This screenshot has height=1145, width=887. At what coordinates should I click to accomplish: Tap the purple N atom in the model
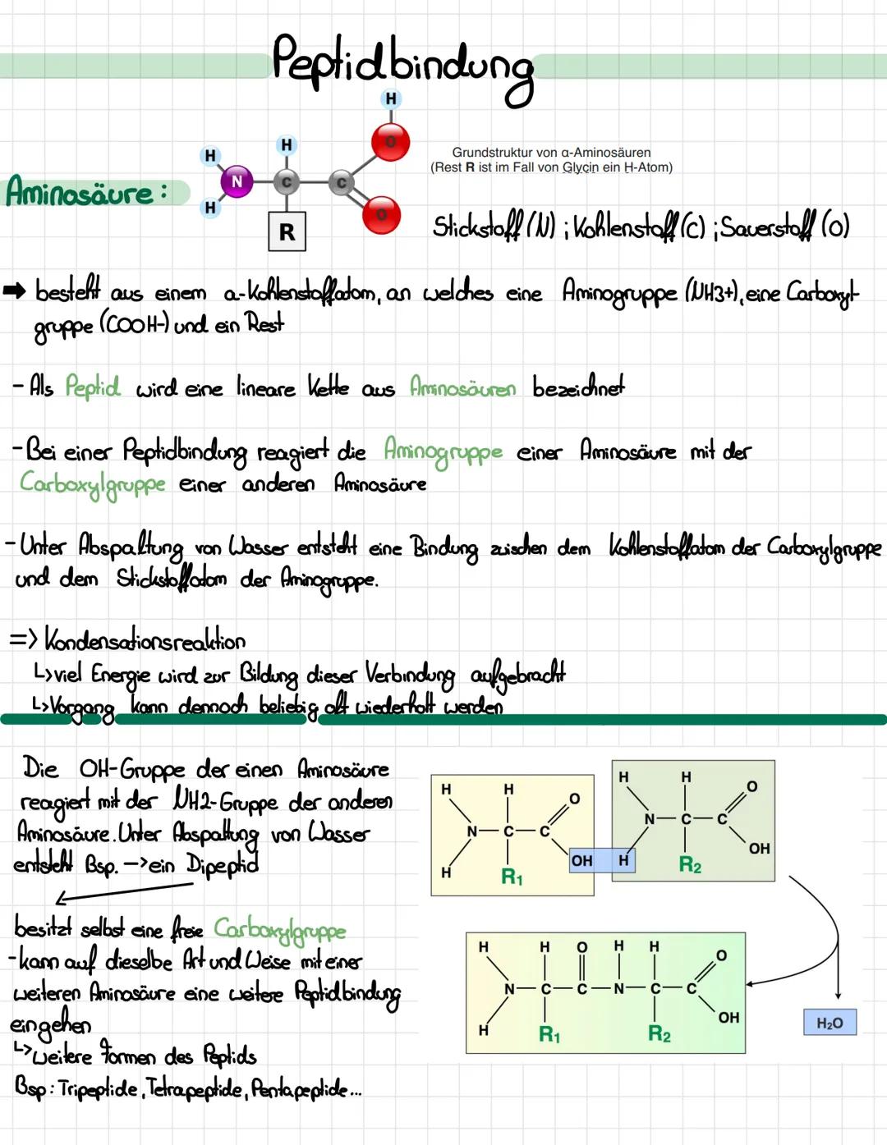click(237, 181)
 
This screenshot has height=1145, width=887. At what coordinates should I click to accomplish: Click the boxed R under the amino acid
click(287, 232)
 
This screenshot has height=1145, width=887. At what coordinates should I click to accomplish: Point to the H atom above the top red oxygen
click(391, 99)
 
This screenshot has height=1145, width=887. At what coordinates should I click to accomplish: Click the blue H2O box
click(830, 1023)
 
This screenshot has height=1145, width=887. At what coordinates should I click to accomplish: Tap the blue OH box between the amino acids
click(581, 860)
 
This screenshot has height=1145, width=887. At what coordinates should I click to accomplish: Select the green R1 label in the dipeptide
click(549, 1034)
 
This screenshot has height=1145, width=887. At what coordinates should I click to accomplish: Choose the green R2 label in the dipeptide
click(660, 1033)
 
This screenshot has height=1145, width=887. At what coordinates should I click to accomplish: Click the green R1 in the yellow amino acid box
click(512, 877)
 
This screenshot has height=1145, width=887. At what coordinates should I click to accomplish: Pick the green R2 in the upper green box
click(690, 865)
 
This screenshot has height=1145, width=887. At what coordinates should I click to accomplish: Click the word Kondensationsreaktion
click(145, 639)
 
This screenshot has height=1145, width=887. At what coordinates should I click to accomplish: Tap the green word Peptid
click(92, 386)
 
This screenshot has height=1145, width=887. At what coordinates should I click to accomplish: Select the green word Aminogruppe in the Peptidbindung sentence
click(443, 451)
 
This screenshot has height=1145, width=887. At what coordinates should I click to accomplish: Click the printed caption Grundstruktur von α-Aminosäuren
click(551, 153)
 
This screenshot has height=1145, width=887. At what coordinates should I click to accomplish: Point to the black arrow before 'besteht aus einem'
click(15, 290)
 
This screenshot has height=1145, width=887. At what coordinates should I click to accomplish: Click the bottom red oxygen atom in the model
click(381, 215)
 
